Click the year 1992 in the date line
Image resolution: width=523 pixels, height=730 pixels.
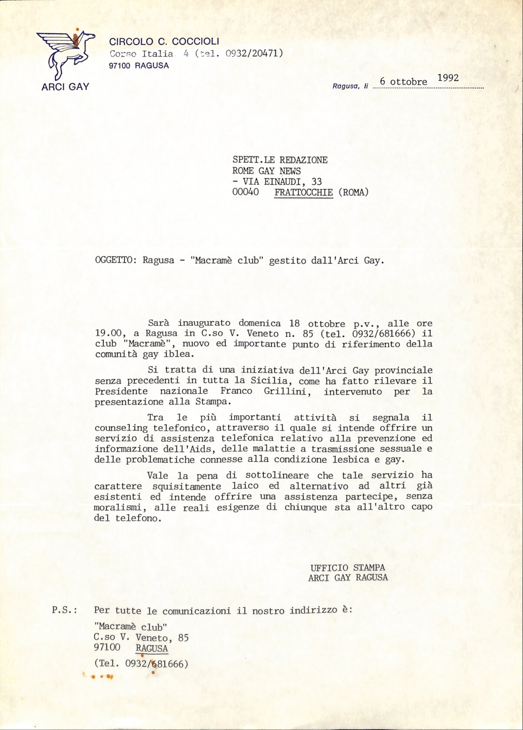click(x=448, y=78)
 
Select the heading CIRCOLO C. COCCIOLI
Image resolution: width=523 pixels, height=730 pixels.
click(x=164, y=42)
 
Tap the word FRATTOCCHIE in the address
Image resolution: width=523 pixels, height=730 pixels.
click(x=303, y=192)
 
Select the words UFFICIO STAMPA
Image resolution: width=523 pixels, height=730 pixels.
click(x=347, y=567)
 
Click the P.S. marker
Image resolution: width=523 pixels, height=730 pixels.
click(x=64, y=610)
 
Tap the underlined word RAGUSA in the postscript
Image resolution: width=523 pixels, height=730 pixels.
click(x=152, y=648)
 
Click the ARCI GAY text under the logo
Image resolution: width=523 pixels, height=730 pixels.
click(x=65, y=86)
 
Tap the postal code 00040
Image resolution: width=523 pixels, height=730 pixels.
click(x=246, y=192)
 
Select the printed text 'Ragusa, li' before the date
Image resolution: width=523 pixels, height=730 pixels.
click(x=350, y=86)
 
